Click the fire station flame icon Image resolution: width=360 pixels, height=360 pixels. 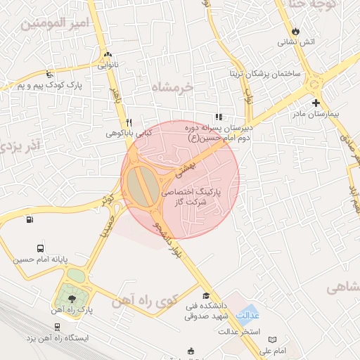pyautogui.click(x=295, y=31)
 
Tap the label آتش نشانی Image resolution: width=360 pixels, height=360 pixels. pyautogui.click(x=297, y=42)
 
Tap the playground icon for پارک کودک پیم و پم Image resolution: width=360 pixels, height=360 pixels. pyautogui.click(x=49, y=74)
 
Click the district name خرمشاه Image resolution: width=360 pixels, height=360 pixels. pyautogui.click(x=172, y=86)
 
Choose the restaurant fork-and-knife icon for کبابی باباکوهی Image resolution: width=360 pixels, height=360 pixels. pyautogui.click(x=128, y=122)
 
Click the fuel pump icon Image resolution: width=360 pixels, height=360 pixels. pyautogui.click(x=29, y=219)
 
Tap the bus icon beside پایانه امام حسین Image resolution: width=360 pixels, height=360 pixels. pyautogui.click(x=39, y=248)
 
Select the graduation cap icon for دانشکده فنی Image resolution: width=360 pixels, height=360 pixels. pyautogui.click(x=205, y=295)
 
